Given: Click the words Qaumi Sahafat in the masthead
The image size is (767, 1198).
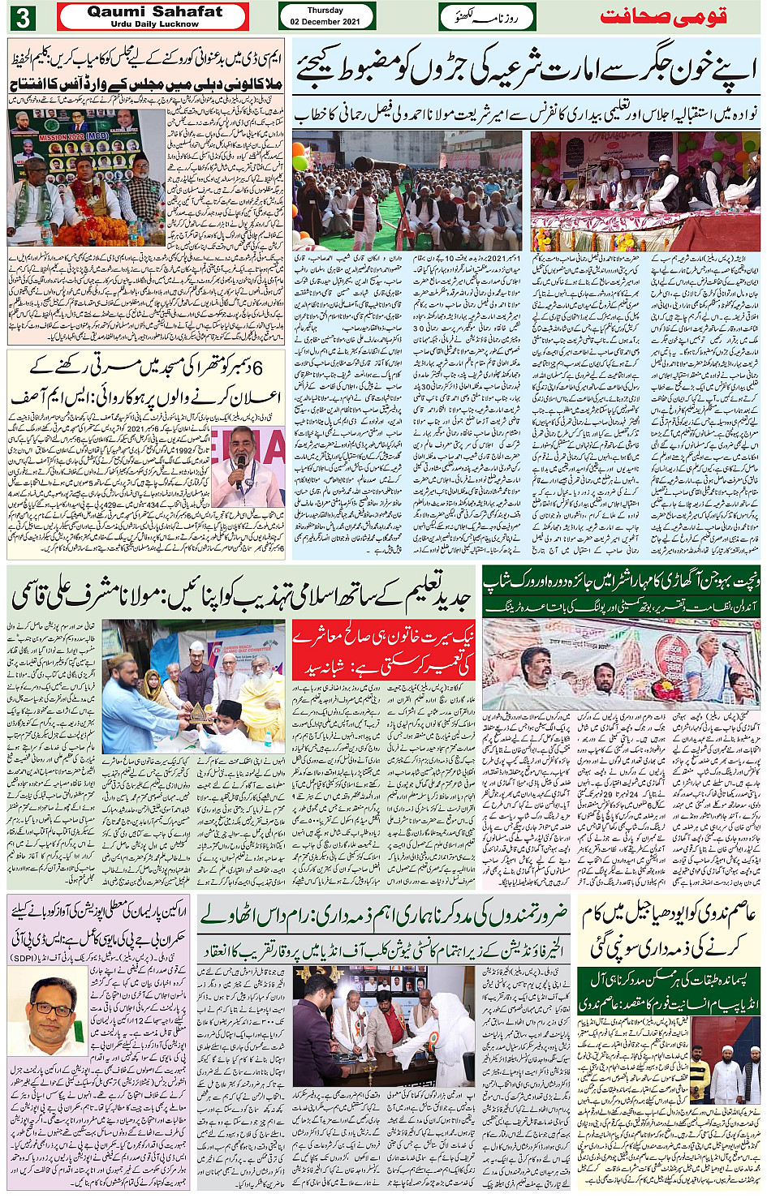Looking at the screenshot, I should point(154,11).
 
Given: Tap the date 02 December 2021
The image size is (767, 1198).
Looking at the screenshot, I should point(325,21).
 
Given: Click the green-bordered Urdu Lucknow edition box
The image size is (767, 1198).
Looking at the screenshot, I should point(488,16).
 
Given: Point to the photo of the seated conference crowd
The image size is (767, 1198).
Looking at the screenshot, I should point(407,191).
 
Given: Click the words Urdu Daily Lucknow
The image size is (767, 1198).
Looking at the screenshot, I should point(154,24).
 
